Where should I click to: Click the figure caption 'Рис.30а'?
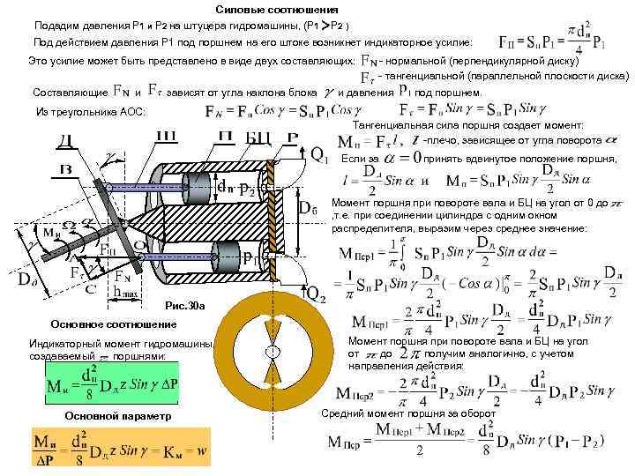pyautogui.click(x=184, y=306)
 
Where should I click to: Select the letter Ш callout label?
pyautogui.click(x=167, y=135)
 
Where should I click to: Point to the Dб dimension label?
pyautogui.click(x=308, y=209)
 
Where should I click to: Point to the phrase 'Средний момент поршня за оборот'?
pyautogui.click(x=407, y=413)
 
